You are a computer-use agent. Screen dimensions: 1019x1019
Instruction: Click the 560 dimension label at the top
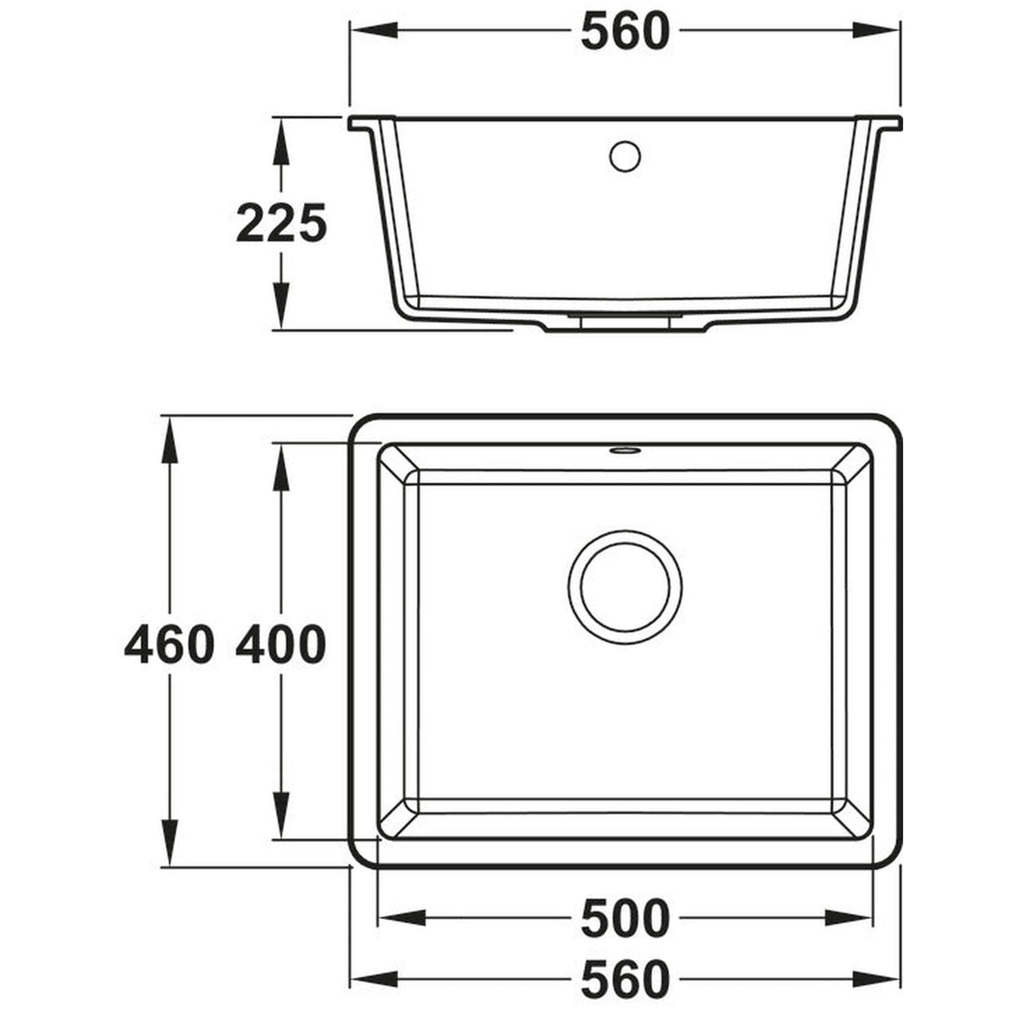[625, 32]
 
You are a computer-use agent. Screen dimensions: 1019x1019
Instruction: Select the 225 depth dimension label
[280, 224]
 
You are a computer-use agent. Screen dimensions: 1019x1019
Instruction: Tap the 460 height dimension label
[168, 645]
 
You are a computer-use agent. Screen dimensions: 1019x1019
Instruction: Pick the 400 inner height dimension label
[280, 645]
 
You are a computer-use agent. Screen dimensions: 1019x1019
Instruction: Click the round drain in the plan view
[624, 587]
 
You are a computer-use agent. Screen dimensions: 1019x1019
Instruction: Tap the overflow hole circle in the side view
[624, 156]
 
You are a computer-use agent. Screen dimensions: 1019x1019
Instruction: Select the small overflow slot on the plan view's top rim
[624, 451]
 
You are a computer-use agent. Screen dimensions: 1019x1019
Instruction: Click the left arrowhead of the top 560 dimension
[365, 32]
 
